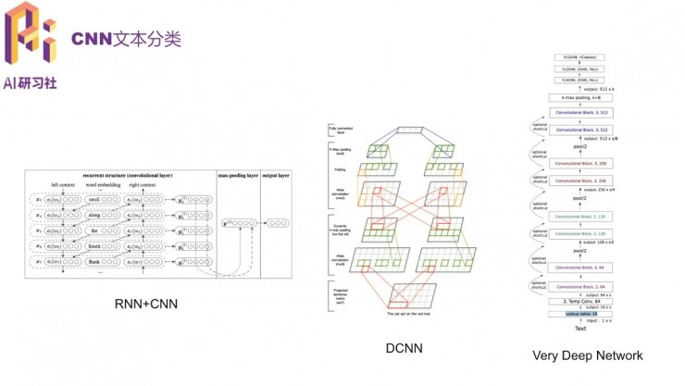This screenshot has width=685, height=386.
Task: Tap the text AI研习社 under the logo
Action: tap(30, 82)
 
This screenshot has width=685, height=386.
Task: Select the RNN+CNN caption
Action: tap(146, 304)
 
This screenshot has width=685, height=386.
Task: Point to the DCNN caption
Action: tap(405, 348)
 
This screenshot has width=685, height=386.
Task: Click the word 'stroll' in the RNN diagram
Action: tap(93, 200)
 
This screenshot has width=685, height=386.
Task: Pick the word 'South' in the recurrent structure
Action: tap(93, 247)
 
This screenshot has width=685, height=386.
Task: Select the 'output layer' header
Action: tap(275, 174)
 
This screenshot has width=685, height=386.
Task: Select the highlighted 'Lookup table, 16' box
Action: tap(582, 315)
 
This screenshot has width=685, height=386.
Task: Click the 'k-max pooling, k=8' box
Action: tap(581, 96)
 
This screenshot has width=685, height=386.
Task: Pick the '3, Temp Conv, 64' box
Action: tap(581, 301)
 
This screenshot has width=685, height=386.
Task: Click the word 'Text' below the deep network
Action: tap(581, 328)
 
